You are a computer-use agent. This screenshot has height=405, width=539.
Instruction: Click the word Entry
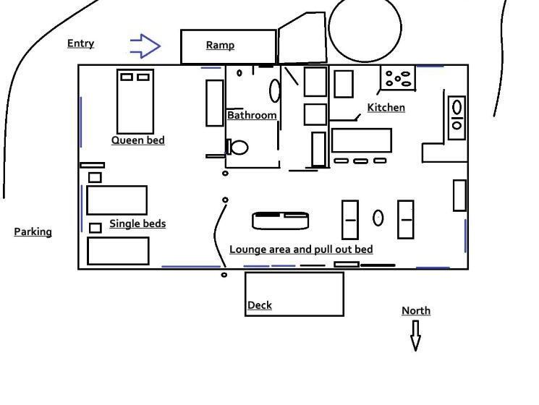(81, 43)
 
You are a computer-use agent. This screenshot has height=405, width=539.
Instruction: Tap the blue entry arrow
(145, 46)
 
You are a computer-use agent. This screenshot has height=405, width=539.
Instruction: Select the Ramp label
(221, 45)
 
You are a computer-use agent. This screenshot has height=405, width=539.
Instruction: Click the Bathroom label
(252, 115)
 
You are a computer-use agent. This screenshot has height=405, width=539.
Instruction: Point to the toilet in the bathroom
(237, 147)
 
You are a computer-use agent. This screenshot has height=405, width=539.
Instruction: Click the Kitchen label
(386, 108)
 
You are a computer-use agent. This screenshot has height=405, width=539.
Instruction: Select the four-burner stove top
(398, 78)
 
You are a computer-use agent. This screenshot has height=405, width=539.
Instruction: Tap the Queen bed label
(138, 140)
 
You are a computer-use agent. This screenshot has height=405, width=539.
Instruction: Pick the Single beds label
(137, 223)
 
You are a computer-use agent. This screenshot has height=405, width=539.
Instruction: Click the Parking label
(33, 232)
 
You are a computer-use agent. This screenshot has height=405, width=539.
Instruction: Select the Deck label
(260, 305)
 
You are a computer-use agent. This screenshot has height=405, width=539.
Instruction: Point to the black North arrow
(415, 336)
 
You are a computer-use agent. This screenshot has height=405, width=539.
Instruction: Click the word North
(416, 310)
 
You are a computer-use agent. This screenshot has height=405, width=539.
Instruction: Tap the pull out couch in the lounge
(280, 221)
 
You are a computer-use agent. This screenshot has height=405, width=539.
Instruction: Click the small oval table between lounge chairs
(378, 218)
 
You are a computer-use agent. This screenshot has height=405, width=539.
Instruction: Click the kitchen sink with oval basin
(457, 118)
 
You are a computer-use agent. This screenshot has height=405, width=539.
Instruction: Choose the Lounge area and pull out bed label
(301, 250)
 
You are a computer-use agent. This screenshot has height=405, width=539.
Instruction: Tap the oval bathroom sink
(275, 90)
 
